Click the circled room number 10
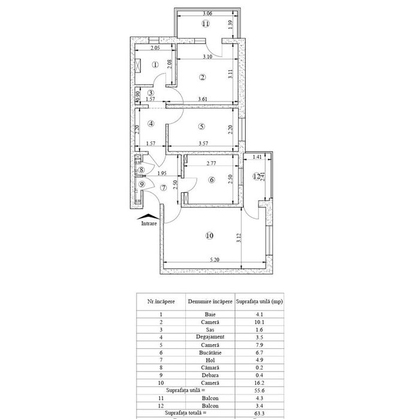click(x=209, y=236)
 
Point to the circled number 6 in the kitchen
click(x=212, y=179)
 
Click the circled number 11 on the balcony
click(x=206, y=24)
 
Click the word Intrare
click(x=149, y=224)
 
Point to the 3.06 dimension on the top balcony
click(x=206, y=13)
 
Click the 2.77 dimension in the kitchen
click(x=210, y=163)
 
